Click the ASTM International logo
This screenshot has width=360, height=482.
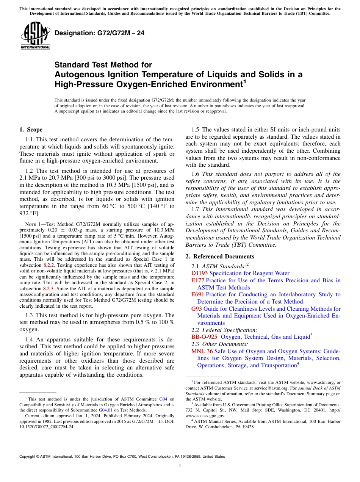[x=35, y=36]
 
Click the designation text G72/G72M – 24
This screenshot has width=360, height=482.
[x=99, y=33]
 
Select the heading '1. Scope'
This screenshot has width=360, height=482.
[x=31, y=130]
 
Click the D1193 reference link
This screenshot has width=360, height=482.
[x=200, y=273]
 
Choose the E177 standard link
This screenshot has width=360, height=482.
[x=198, y=280]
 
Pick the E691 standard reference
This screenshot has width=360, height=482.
[x=198, y=294]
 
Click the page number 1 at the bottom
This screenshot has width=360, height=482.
[x=180, y=465]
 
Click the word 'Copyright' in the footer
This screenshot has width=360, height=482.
[x=29, y=457]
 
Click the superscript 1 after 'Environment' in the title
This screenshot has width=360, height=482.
[x=245, y=81]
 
